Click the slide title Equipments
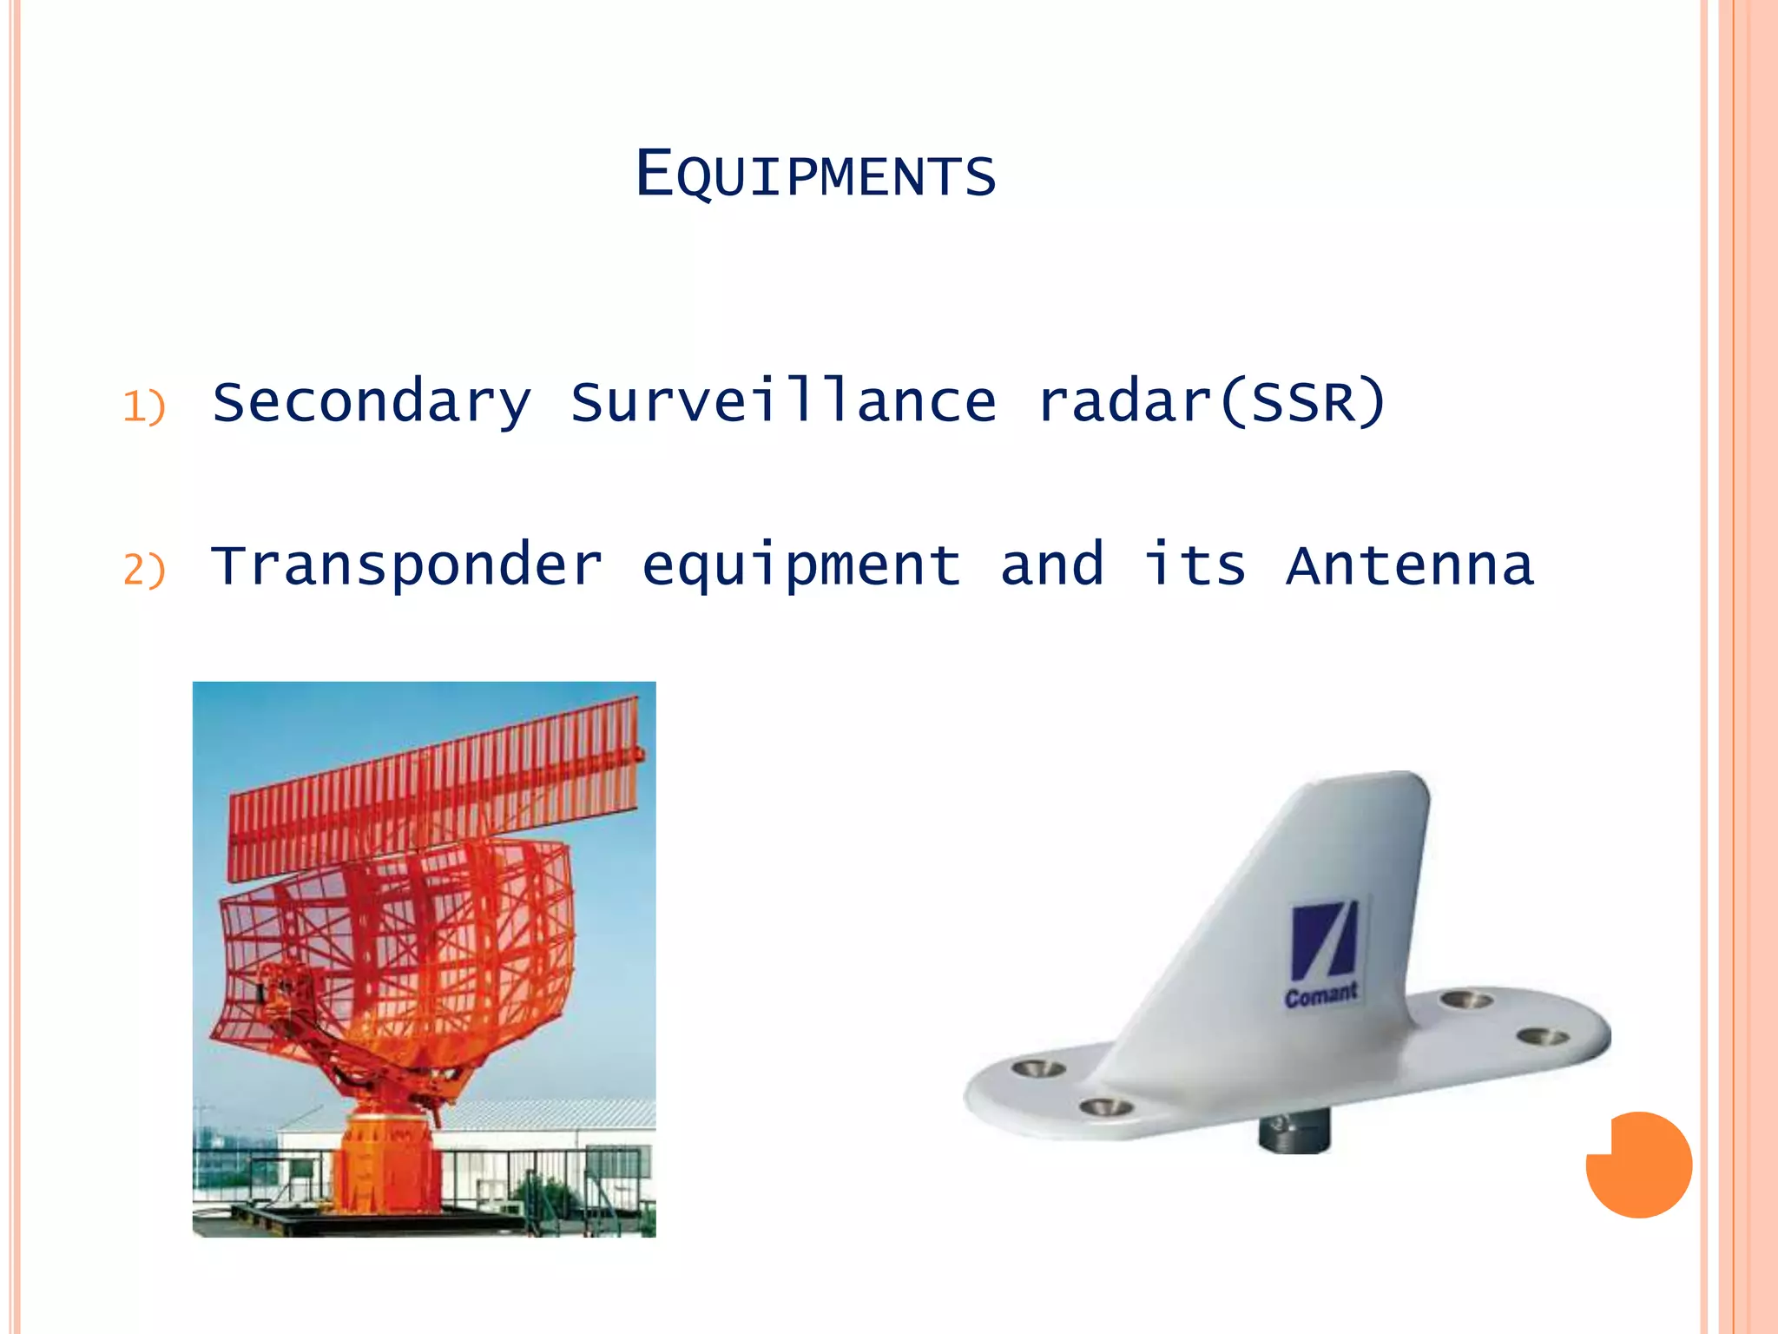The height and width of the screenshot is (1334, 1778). point(815,175)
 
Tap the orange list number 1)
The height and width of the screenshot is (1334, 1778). point(143,406)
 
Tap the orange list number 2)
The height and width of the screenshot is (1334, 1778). point(143,570)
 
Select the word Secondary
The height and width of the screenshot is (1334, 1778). point(371,402)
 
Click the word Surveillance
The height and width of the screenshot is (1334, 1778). point(783,401)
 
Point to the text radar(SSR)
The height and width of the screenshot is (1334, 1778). point(1211,401)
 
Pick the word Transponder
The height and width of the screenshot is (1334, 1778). point(406,566)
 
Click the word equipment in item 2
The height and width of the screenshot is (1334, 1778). point(800,566)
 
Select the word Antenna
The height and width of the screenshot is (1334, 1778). point(1410,565)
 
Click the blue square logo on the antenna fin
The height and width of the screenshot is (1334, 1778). point(1323,941)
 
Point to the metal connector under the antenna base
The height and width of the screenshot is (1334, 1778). point(1294,1133)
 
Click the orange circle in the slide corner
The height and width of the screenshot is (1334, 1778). point(1639,1165)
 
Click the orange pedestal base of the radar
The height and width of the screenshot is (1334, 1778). point(386,1164)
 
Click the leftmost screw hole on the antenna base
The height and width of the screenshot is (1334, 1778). point(1038,1067)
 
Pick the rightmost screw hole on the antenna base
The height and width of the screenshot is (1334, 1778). point(1543,1036)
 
